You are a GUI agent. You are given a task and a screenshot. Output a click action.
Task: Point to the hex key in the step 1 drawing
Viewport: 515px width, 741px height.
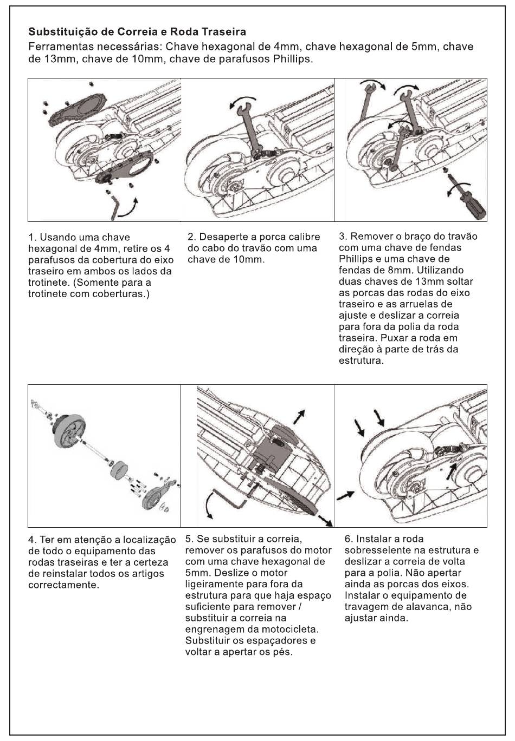tap(114, 208)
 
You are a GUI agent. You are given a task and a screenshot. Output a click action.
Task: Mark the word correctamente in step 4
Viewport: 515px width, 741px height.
tap(63, 585)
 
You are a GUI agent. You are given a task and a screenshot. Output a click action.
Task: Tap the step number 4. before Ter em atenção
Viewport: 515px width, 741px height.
tap(33, 540)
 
